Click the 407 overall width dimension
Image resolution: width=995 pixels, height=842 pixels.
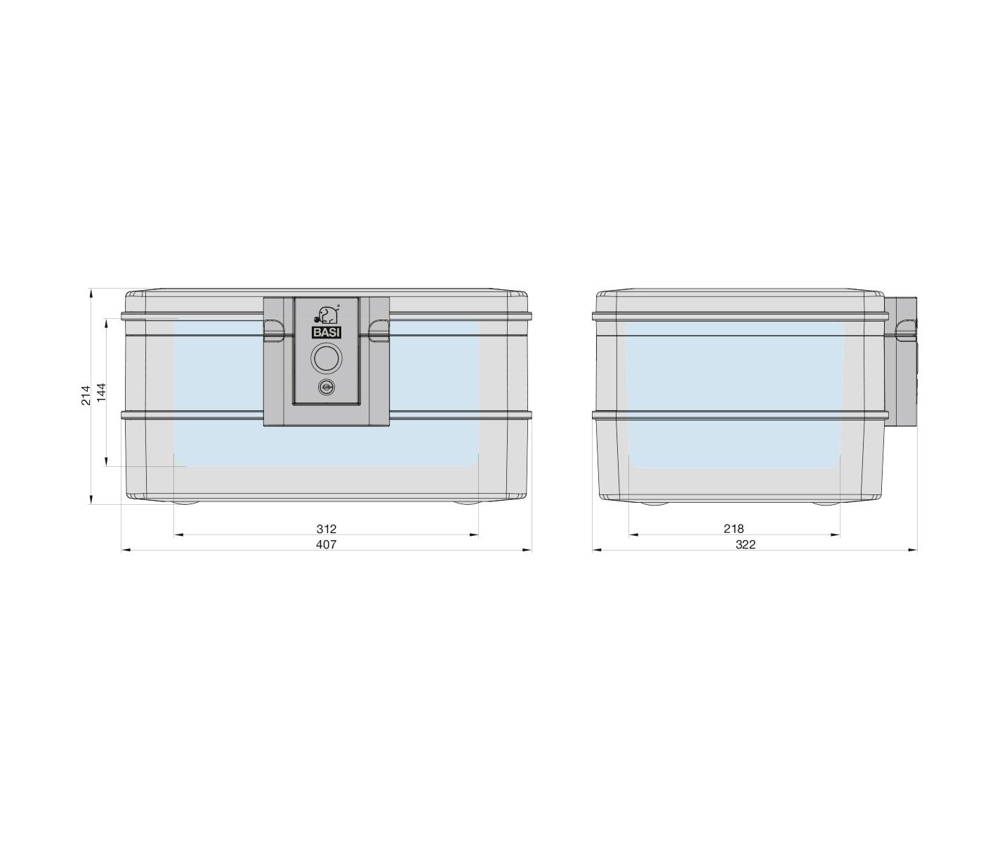(x=326, y=544)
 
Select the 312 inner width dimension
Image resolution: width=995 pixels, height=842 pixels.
(x=326, y=529)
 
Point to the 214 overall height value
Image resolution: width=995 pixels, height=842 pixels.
(x=86, y=395)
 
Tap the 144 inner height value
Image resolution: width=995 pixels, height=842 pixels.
(x=101, y=392)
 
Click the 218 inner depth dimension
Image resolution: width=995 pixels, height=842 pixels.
(x=733, y=529)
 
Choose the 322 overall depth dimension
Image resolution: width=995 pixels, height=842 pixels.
(x=745, y=544)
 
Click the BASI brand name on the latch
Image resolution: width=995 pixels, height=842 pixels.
(x=325, y=334)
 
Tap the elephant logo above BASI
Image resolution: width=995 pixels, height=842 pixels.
(x=327, y=314)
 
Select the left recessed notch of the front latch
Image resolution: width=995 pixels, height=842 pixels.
(x=272, y=329)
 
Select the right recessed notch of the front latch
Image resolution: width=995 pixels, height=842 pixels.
(x=380, y=329)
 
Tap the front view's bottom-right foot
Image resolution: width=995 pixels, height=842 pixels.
(x=468, y=503)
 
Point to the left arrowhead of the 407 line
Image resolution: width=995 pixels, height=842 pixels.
(x=125, y=551)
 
